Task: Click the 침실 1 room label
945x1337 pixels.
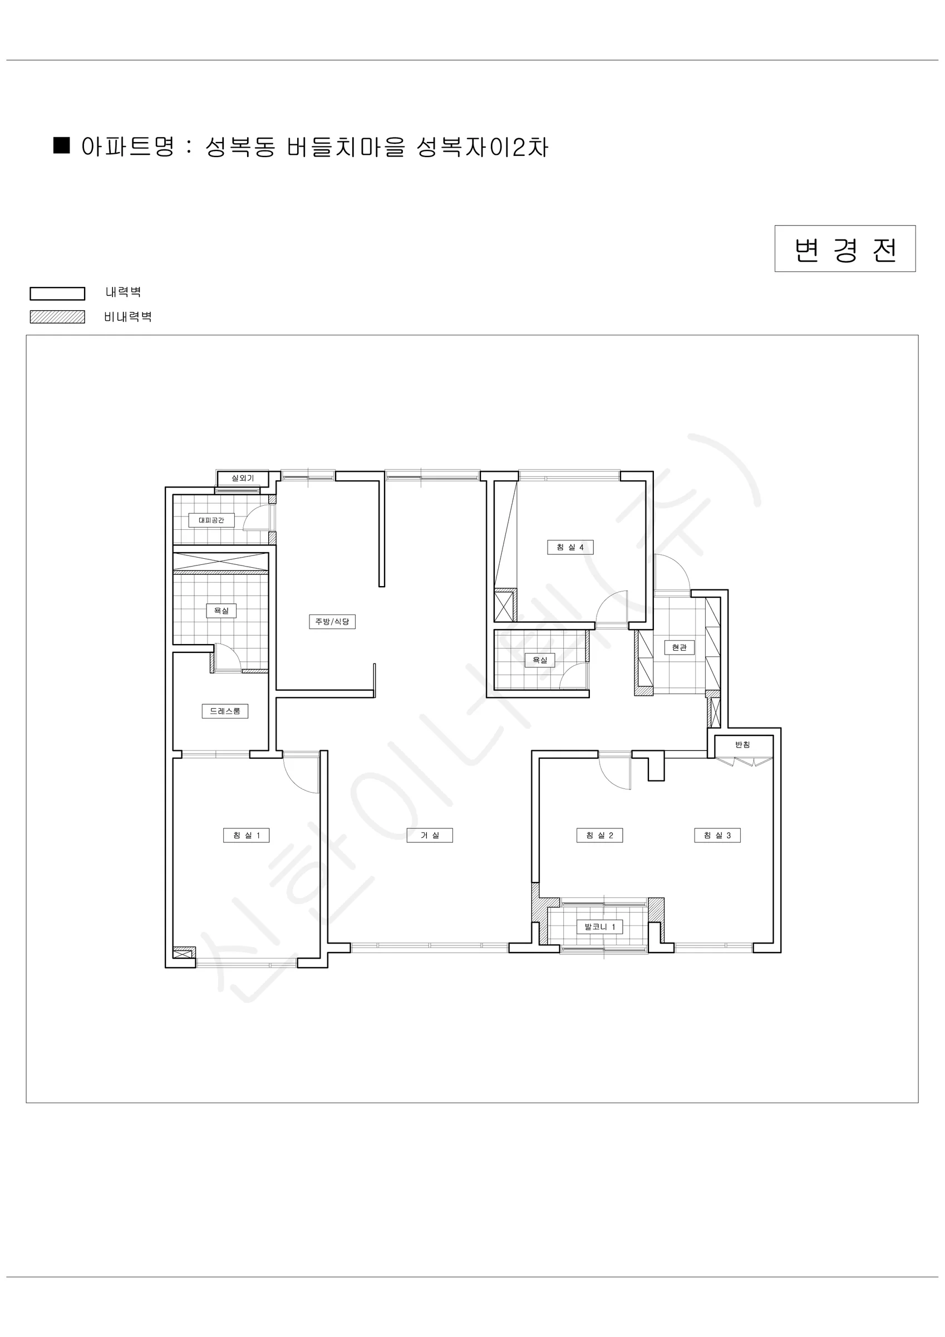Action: [246, 835]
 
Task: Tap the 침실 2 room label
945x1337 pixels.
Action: [599, 835]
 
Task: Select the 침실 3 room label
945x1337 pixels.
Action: [717, 835]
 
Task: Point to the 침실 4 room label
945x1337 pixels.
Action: [570, 547]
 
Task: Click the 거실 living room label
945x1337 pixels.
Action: [430, 835]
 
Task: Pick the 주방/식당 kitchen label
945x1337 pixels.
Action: [332, 621]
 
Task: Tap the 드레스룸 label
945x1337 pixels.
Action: [225, 711]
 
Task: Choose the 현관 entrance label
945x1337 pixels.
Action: [679, 647]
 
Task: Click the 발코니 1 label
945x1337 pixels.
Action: [599, 926]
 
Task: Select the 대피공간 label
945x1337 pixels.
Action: [211, 520]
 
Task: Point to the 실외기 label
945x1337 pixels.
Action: [243, 478]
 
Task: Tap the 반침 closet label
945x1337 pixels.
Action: [742, 744]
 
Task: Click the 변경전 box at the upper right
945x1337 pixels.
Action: [845, 248]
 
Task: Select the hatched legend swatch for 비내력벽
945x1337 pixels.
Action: [57, 317]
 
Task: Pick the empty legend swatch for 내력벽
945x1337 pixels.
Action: [57, 294]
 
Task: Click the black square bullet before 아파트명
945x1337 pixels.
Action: [61, 145]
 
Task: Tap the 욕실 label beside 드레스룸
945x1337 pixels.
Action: [221, 610]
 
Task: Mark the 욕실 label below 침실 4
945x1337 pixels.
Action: [539, 660]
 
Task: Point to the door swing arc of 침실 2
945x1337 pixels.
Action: [608, 779]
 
